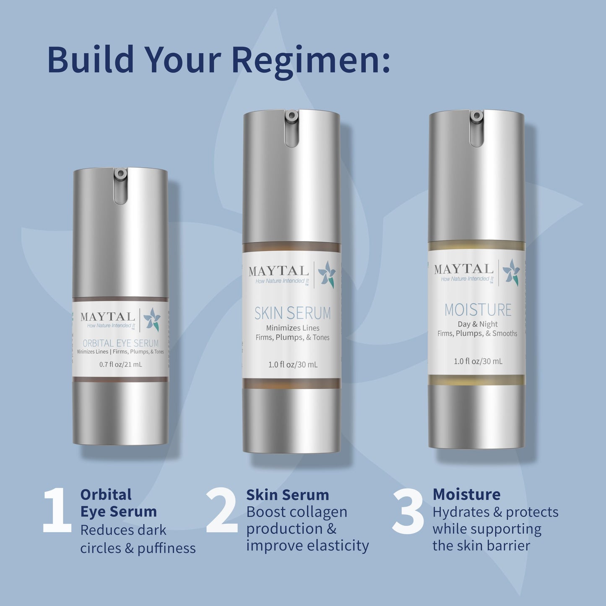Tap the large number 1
coord(57,511)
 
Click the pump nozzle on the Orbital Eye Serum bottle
coord(121,174)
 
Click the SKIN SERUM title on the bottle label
coord(292,313)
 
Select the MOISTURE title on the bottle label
coord(478,310)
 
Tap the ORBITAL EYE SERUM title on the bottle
coord(120,343)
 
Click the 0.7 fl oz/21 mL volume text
coord(120,364)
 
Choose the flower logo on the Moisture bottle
coord(512,272)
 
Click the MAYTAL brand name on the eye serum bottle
coord(108,317)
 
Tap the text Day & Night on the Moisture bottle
coord(477,324)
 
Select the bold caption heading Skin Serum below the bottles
coord(287,495)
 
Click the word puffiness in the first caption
coord(166,549)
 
